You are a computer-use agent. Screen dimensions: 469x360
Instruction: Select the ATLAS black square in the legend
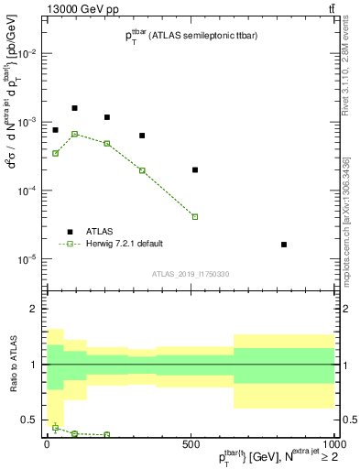70,231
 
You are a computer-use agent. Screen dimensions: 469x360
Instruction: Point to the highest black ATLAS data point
75,108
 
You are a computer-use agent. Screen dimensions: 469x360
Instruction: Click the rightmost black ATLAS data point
284,245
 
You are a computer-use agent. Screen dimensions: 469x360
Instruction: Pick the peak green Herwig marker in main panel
75,134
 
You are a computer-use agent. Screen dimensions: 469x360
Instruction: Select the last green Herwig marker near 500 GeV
195,217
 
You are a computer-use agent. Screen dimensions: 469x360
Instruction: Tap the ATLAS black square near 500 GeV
195,169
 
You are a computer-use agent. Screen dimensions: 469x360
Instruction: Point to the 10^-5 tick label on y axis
27,259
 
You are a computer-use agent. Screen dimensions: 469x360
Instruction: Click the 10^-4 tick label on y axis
27,191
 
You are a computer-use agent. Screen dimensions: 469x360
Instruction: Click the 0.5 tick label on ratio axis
29,420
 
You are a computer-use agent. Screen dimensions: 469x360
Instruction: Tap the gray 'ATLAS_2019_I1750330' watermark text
190,274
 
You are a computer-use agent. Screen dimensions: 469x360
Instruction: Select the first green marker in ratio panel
56,428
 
